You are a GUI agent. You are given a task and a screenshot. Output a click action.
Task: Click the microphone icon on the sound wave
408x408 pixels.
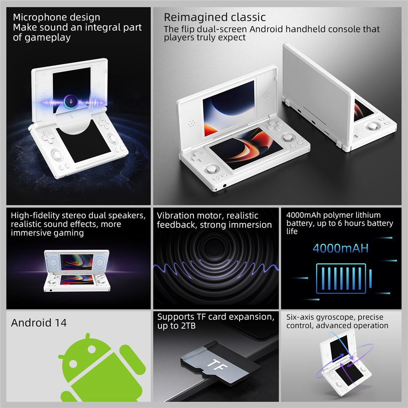click(x=71, y=101)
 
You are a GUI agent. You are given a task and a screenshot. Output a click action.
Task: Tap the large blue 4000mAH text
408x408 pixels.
click(x=340, y=248)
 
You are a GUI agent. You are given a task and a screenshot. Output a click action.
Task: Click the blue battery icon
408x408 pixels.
click(x=341, y=278)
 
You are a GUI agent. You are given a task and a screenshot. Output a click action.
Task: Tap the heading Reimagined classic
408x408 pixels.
click(x=215, y=18)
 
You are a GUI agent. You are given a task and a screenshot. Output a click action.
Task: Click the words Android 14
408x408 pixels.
click(x=39, y=323)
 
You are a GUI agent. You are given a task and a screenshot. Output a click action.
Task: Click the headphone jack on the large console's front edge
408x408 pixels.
click(x=225, y=186)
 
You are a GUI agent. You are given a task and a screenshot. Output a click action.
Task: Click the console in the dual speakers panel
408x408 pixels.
click(x=77, y=271)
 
